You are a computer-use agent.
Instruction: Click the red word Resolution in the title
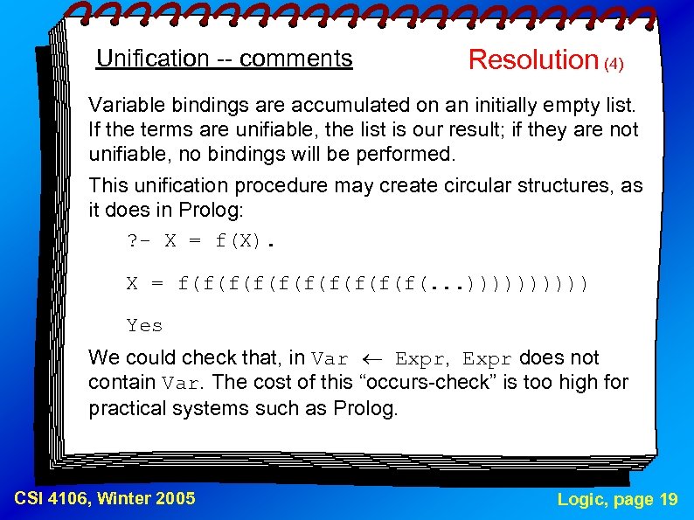pos(532,59)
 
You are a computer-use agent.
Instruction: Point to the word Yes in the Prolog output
pos(144,326)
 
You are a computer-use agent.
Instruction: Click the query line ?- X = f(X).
pos(200,241)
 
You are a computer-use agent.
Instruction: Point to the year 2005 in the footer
pos(175,499)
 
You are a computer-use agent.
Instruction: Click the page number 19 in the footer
pos(669,500)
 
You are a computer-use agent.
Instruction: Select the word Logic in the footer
pos(580,500)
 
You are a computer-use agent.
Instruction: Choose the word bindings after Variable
pos(207,106)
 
